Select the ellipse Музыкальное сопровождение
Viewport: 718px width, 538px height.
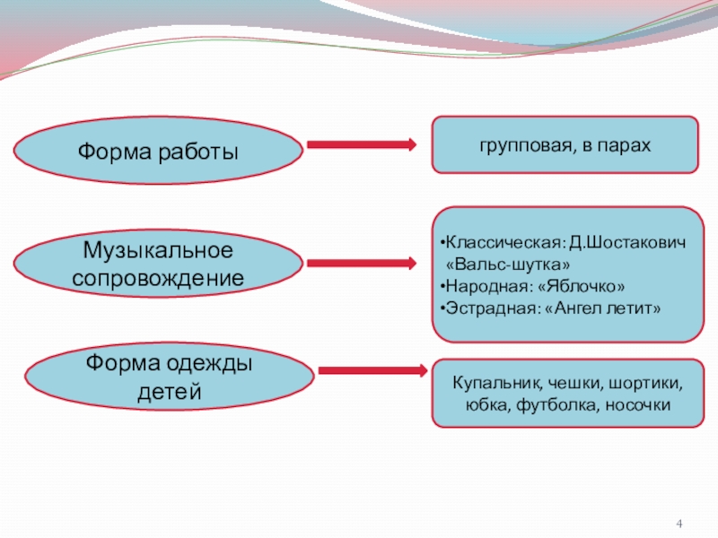click(158, 262)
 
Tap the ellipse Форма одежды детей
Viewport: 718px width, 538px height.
click(169, 377)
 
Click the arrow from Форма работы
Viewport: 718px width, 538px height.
click(361, 144)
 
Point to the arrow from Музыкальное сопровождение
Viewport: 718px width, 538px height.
click(361, 264)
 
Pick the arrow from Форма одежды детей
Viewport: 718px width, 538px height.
click(371, 370)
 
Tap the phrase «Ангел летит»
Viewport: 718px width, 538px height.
click(601, 308)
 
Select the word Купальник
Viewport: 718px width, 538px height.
click(492, 385)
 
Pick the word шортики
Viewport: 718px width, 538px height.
click(644, 385)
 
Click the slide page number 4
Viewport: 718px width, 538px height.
click(680, 523)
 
